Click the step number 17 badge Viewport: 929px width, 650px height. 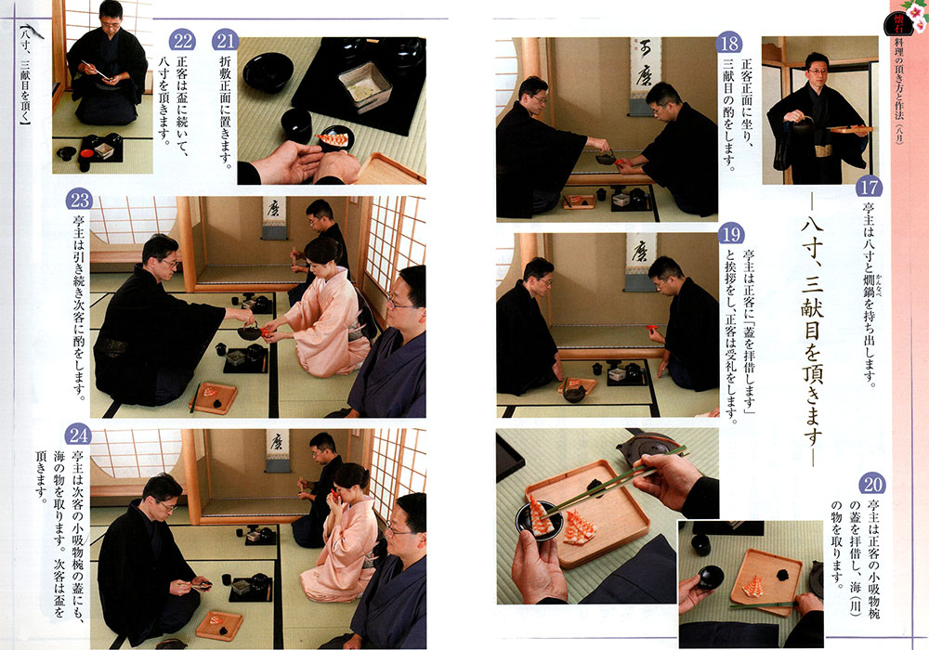click(869, 187)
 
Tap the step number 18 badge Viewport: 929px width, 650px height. click(728, 44)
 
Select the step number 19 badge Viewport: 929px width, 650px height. click(730, 234)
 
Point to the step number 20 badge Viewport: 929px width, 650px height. click(871, 484)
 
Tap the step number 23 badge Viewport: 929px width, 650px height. click(79, 200)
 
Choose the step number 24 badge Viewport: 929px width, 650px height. click(78, 435)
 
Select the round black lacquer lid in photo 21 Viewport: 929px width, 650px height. click(268, 72)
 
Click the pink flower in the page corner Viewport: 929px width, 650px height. click(917, 17)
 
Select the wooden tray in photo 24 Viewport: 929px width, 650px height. click(219, 625)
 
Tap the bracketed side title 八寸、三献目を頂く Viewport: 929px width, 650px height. click(24, 76)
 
